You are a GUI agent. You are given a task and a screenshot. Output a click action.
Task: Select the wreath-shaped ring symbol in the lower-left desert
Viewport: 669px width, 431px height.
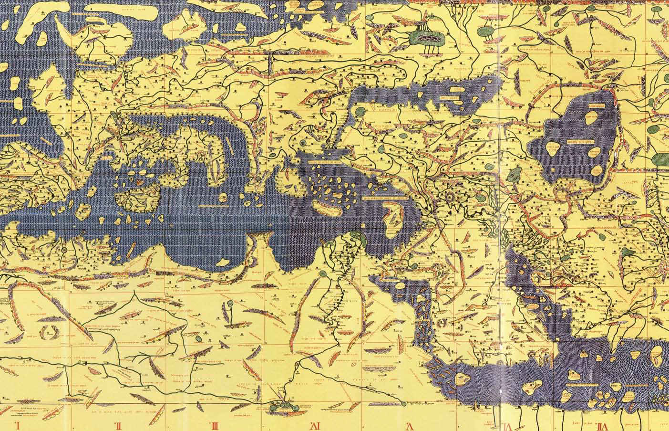point(49,330)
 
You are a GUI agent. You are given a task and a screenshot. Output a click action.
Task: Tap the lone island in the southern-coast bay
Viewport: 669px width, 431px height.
point(223,262)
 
